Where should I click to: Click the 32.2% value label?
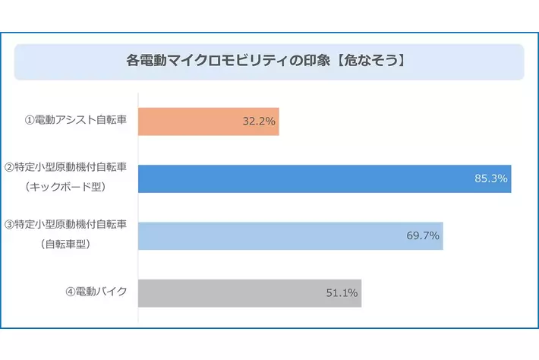coord(259,122)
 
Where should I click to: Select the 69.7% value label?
coord(423,236)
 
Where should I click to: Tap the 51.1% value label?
coord(342,293)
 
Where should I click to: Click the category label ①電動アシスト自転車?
coord(76,122)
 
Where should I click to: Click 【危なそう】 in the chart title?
coord(373,62)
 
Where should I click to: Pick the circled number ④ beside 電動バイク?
coord(70,292)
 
